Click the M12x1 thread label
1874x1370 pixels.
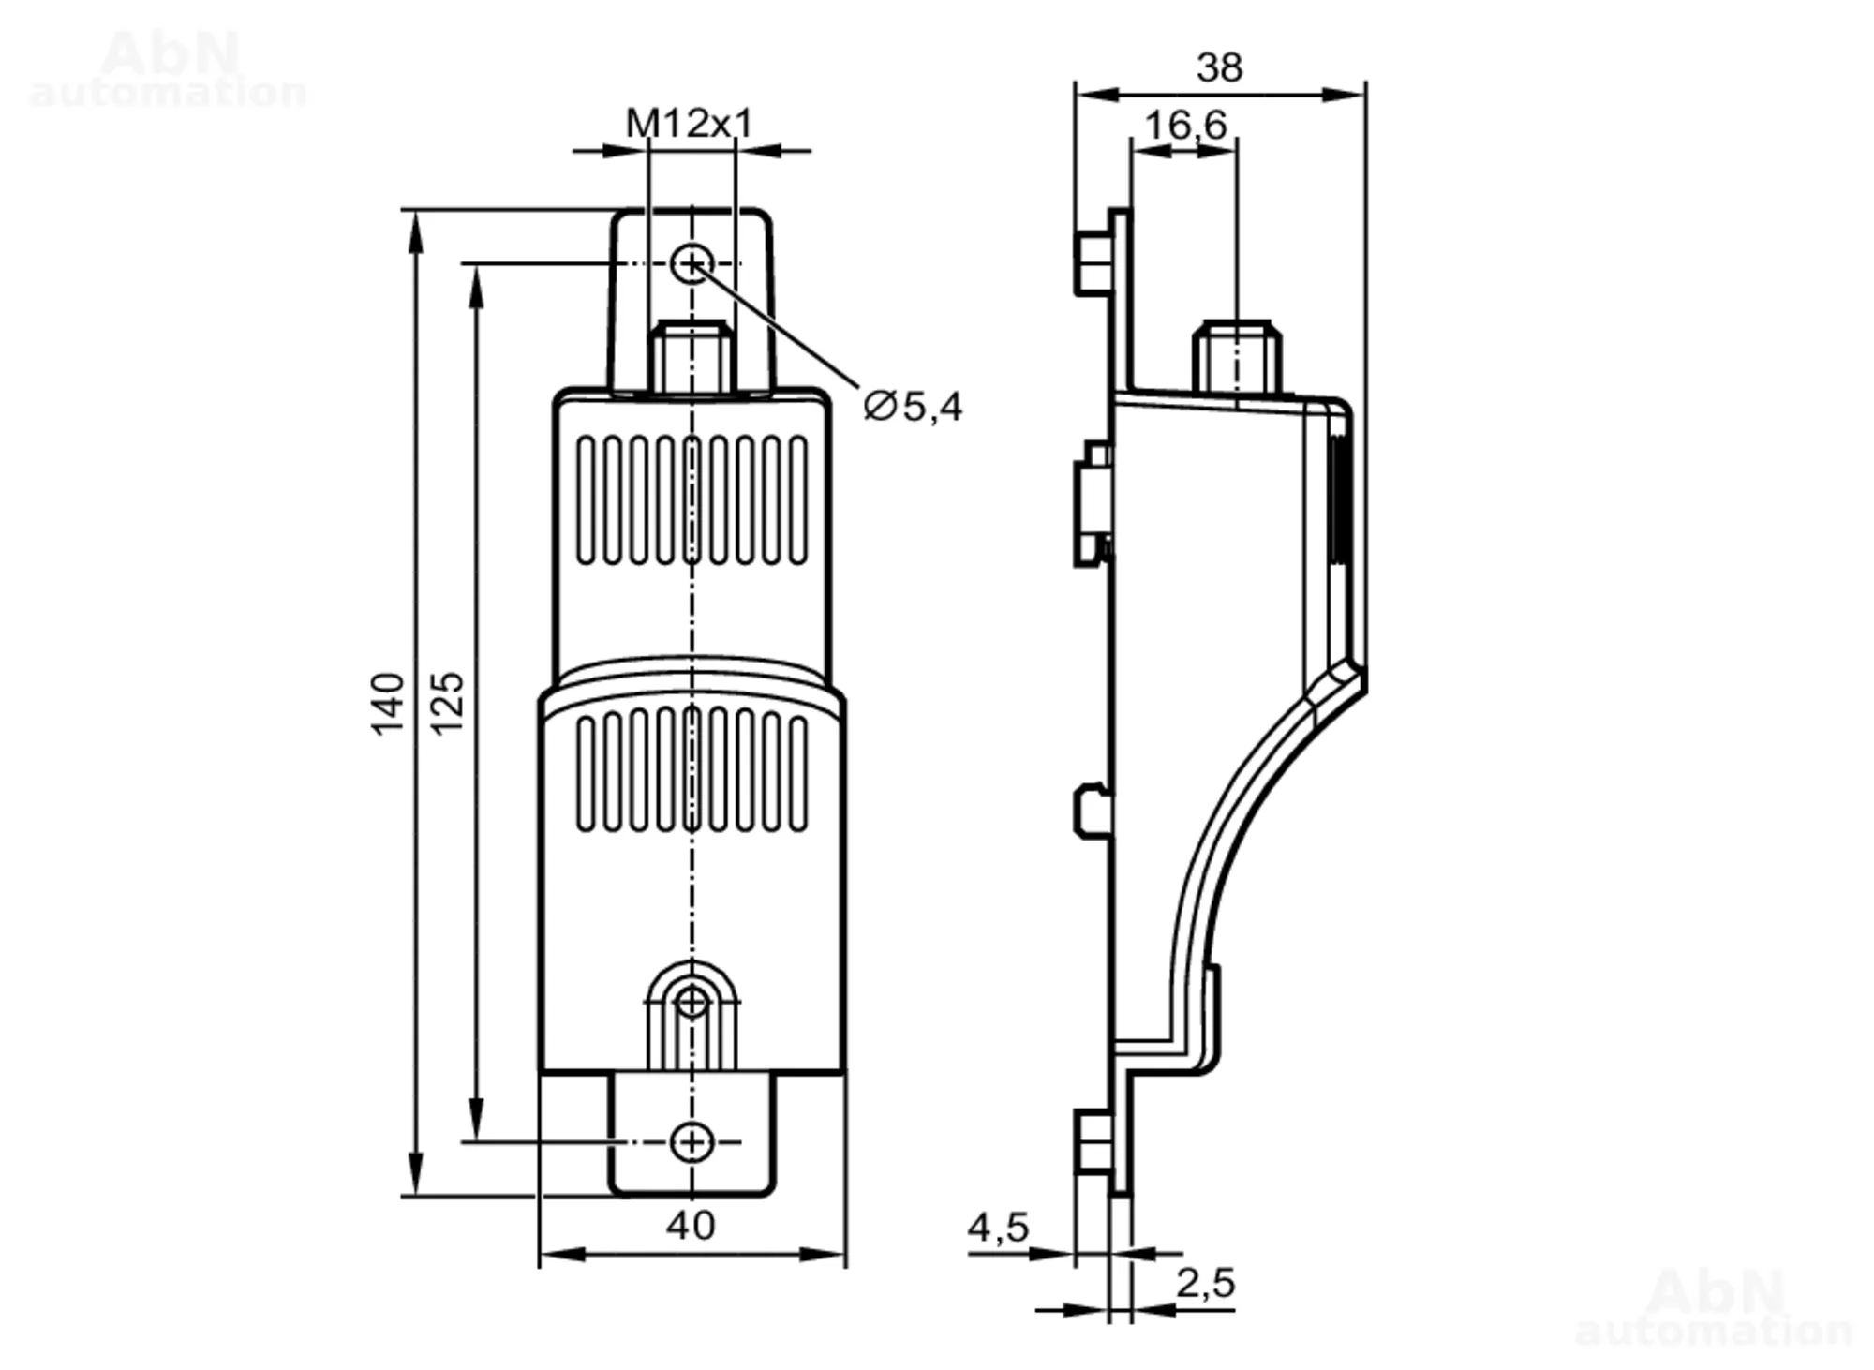coord(689,123)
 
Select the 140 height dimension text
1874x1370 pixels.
coord(388,703)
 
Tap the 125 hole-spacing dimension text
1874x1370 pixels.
coord(448,703)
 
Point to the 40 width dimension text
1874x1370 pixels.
coord(691,1225)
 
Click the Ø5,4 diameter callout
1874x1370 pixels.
coord(913,407)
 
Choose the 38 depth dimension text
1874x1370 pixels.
coord(1219,67)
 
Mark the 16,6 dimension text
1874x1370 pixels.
coord(1185,125)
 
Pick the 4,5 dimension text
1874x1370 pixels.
coord(998,1228)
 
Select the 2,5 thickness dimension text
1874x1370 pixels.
coord(1205,1283)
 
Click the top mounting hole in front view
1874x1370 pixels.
coord(692,263)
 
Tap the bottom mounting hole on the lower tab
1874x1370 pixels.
coord(692,1142)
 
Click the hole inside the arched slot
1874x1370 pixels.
coord(692,1002)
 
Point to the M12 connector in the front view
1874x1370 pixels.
coord(692,356)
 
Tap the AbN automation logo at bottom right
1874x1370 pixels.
coord(1713,1307)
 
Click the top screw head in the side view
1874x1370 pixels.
coord(1091,262)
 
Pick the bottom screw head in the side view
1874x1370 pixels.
coord(1091,1142)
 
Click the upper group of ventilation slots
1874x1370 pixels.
coord(692,500)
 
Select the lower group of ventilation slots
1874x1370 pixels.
coord(692,771)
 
